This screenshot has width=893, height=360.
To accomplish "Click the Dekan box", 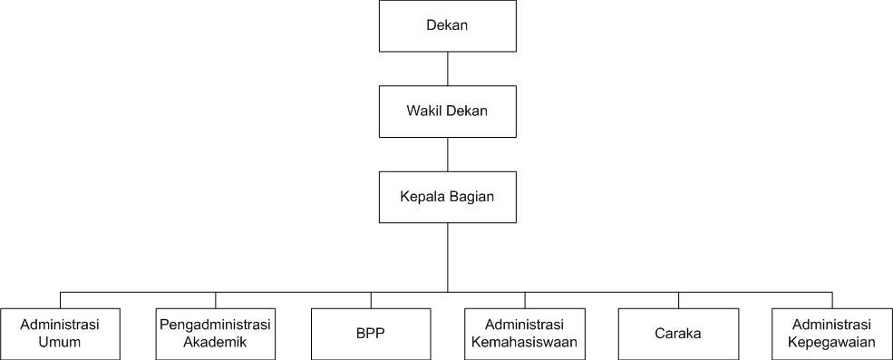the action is coord(448,25).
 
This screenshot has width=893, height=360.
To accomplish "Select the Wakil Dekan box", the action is coord(448,111).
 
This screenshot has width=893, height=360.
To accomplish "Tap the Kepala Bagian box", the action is coord(448,197).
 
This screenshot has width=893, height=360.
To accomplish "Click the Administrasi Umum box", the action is coord(60,334).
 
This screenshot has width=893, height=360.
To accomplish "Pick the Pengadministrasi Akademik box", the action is coord(215,334).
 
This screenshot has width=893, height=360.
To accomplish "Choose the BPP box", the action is coord(371,334).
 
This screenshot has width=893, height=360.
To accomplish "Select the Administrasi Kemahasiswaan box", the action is coord(525,334).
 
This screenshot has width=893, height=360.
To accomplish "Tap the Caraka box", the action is coord(678,334).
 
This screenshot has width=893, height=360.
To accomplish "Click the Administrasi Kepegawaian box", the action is coord(832,334).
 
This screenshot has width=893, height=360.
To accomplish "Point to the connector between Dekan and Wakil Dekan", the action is coord(448,69).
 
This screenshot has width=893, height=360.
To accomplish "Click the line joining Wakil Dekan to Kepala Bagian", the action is coord(448,154).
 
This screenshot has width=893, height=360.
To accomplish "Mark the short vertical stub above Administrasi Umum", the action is coord(61,300).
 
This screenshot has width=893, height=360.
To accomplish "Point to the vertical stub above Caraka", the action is coord(678,300).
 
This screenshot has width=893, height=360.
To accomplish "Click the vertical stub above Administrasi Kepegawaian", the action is coord(832,300).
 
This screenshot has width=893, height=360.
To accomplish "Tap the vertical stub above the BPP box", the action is coord(371,300).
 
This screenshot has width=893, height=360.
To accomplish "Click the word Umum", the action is coord(60,343).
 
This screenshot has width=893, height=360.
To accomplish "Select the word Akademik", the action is coord(215,343).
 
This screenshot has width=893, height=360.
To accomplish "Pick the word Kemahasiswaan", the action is coord(525,343).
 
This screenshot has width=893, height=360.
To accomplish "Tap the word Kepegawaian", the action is coord(832,343).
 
